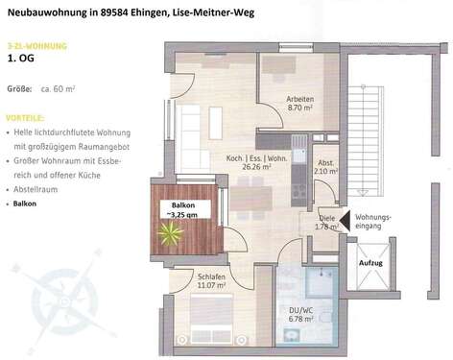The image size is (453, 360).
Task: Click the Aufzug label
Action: pos(370,262)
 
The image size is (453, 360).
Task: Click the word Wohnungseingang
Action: pos(372,224)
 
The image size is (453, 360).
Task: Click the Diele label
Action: pos(327,218)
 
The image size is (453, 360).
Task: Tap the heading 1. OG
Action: pos(20,59)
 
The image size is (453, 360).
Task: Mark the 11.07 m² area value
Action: pos(212,285)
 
